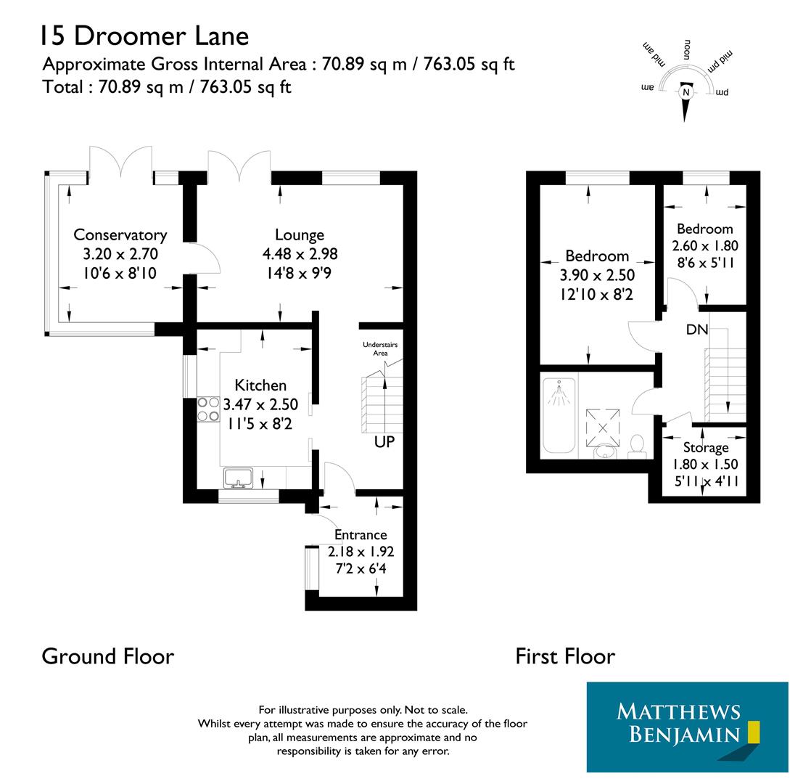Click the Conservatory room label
pos(120,234)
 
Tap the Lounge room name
pos(300,234)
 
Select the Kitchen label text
pos(260,385)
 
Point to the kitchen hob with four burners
pos(208,409)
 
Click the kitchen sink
pos(238,478)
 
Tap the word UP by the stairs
pos(384,441)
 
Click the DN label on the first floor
pos(697,330)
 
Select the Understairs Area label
pos(380,348)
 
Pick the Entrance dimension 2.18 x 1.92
pos(361,552)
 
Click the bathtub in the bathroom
pos(559,415)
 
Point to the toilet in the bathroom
pos(638,444)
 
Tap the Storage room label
pos(706,448)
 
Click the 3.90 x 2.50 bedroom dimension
pos(597,275)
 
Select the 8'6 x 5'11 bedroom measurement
pos(705,263)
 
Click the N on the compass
pos(685,92)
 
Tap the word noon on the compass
pos(685,51)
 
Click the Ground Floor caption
pos(107,656)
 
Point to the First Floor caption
pos(565,656)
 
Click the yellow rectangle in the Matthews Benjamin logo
pos(753,731)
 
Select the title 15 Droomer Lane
pos(144,35)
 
